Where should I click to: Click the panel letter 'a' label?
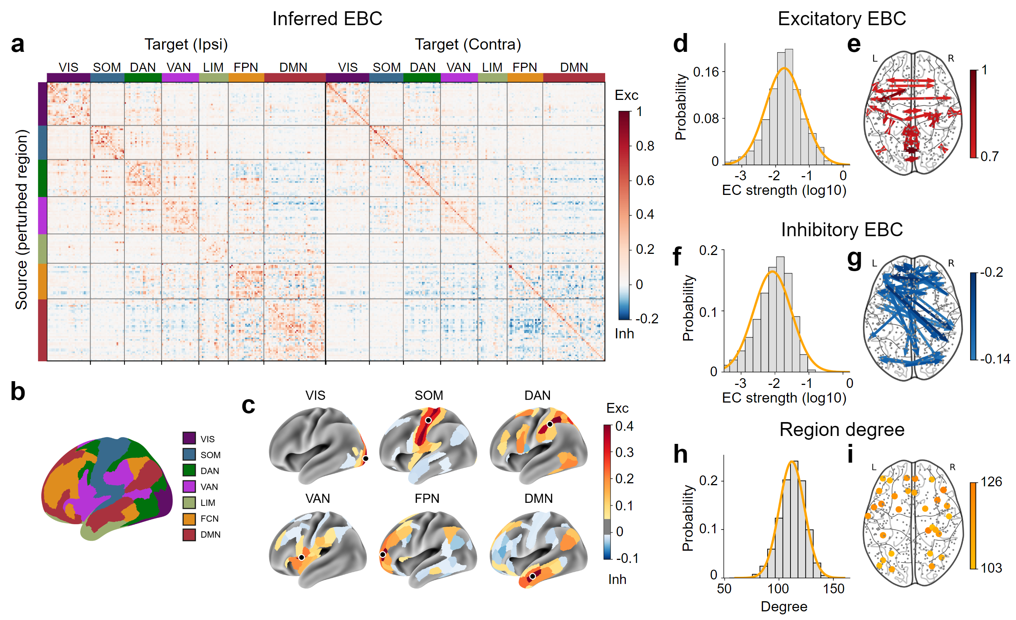[x=17, y=44]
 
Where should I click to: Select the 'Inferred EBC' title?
[x=327, y=19]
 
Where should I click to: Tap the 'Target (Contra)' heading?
[x=468, y=44]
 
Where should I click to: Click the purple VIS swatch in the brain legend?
[x=189, y=438]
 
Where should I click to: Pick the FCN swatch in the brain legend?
[x=189, y=518]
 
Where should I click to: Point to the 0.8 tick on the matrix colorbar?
[x=645, y=146]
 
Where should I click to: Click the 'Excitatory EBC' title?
[x=842, y=19]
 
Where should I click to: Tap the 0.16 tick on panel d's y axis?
[x=706, y=72]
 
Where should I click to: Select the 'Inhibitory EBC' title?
[x=842, y=229]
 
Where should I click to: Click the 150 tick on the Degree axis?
[x=834, y=589]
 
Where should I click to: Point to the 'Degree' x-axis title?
[x=784, y=606]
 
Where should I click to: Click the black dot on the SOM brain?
[x=429, y=420]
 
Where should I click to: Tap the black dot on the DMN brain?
[x=532, y=576]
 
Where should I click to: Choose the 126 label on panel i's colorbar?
[x=991, y=481]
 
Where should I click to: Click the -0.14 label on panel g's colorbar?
[x=995, y=359]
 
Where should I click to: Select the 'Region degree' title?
[x=842, y=430]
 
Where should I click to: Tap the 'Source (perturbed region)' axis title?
[x=21, y=220]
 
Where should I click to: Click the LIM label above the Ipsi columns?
[x=213, y=67]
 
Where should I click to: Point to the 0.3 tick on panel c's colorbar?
[x=624, y=453]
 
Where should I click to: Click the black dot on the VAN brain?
[x=301, y=557]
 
